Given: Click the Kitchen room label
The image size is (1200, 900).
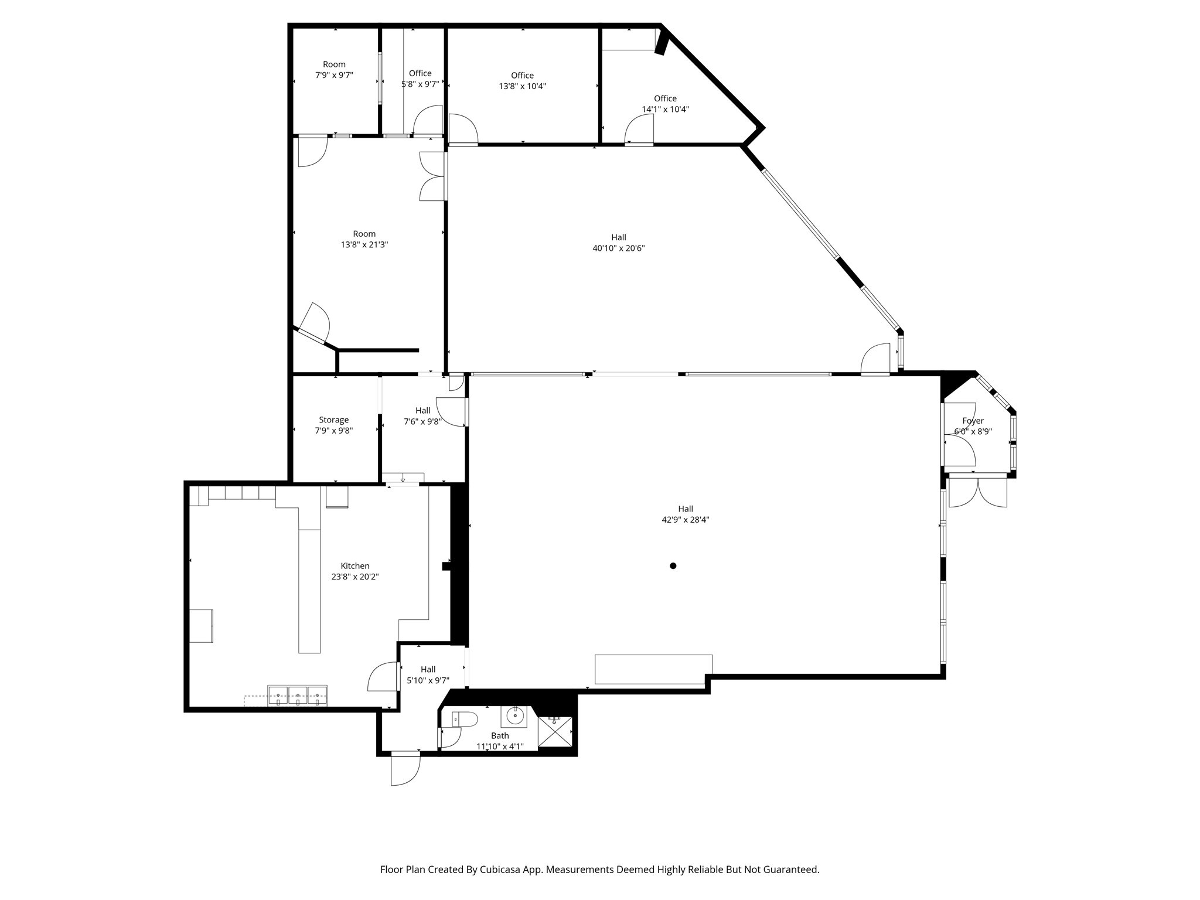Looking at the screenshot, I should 355,566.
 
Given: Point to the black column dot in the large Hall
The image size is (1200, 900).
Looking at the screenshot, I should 673,566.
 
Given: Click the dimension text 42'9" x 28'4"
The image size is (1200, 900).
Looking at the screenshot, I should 686,520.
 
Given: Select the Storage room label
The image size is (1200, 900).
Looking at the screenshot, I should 334,420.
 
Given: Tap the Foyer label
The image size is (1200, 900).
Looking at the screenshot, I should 973,421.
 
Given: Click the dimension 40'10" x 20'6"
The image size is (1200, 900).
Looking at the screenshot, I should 619,248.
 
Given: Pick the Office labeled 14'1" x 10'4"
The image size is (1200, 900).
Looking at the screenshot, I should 665,98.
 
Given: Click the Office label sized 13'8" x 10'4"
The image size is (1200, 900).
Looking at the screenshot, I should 522,76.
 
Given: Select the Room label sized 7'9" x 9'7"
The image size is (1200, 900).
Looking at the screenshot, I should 334,64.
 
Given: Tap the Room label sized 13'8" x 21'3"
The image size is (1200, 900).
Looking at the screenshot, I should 364,234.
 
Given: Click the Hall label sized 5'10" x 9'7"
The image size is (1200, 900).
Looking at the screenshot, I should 428,670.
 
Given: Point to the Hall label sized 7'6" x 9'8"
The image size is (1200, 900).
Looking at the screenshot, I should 422,411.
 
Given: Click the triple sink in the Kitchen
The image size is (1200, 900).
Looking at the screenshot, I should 298,696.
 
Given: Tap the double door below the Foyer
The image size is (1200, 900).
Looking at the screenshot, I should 977,492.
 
